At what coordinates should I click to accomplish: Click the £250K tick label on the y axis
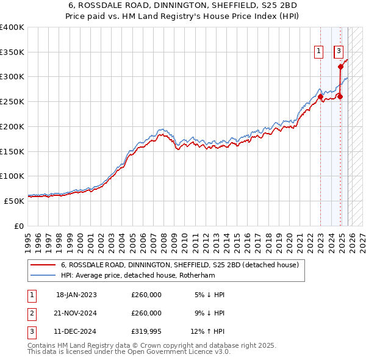[12, 101]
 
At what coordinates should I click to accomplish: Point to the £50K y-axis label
[14, 200]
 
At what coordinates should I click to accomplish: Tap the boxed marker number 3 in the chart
[339, 52]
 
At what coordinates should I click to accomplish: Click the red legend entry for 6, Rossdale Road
[179, 265]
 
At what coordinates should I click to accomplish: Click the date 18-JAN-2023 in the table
[76, 295]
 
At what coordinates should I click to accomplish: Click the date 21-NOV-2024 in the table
[76, 313]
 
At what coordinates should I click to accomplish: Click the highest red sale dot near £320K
[341, 67]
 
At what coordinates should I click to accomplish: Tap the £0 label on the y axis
[19, 226]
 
